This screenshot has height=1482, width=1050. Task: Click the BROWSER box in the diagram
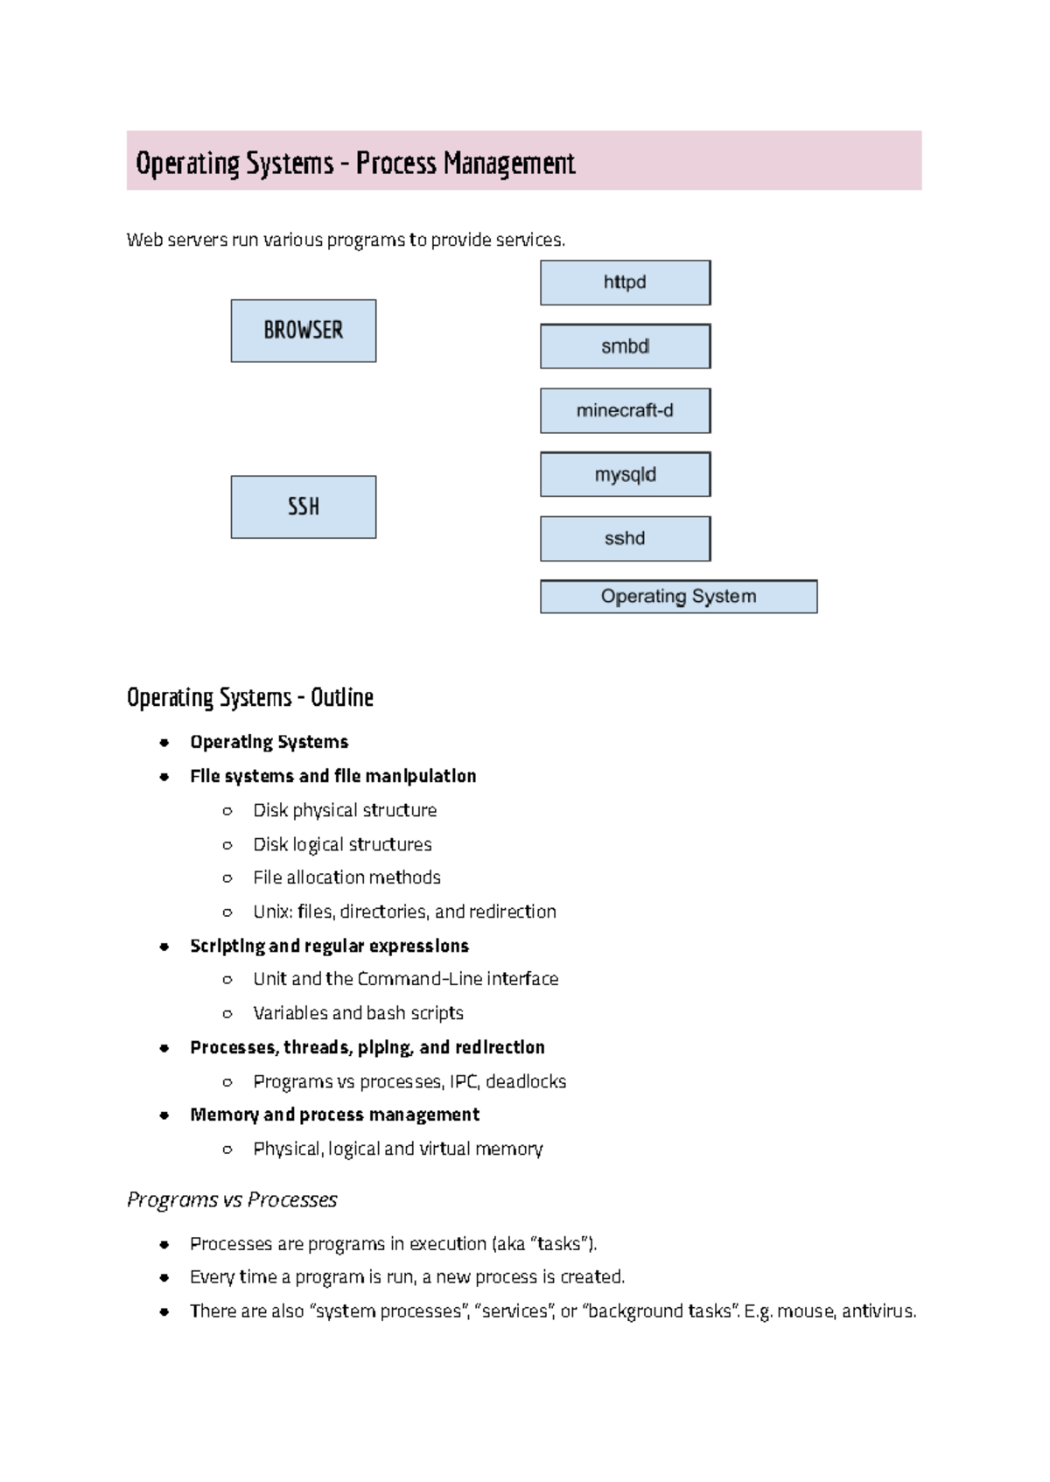coord(304,331)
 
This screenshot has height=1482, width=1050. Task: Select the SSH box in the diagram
coord(304,507)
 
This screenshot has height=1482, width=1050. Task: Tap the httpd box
coord(626,283)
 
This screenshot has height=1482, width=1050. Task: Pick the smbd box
coord(626,346)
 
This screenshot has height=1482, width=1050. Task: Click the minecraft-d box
coord(626,411)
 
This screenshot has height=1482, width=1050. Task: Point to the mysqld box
coord(626,474)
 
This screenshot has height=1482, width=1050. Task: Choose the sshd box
coord(626,539)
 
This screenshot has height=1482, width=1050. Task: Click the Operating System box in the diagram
coord(679,597)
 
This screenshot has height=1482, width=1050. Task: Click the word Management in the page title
coord(509,164)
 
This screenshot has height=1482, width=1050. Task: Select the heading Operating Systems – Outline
coord(250,698)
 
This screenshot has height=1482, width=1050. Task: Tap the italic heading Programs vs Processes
coord(232,1199)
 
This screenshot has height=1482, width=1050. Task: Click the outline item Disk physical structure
coord(345,810)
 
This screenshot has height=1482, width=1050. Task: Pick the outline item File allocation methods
coord(346,877)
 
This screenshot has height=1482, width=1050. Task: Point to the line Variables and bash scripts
coord(358,1013)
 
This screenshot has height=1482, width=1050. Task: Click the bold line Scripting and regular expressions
coord(330,946)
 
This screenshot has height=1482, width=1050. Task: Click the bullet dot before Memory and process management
coord(164,1115)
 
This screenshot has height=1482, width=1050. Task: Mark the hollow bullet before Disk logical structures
coord(227,845)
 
